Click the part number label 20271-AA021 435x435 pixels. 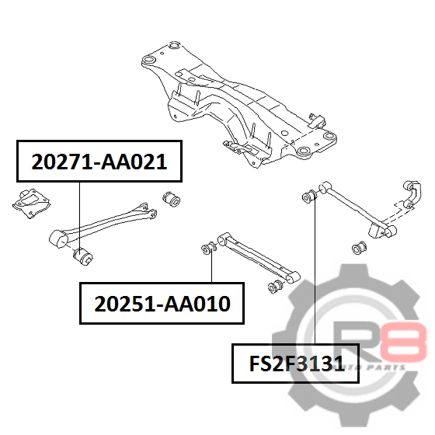point(99,162)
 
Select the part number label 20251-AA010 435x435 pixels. point(162,304)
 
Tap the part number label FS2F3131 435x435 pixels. point(296,364)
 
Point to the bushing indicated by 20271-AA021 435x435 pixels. point(82,256)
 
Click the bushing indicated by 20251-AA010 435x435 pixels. point(209,249)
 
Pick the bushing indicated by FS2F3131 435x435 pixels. point(310,196)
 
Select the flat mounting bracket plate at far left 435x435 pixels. point(32,204)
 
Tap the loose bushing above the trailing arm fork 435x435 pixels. point(171,198)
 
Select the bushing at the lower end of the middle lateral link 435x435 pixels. point(275,287)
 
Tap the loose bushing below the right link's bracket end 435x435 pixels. point(359,247)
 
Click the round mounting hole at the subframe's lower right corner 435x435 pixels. point(303,151)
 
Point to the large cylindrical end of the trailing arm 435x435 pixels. point(58,239)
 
